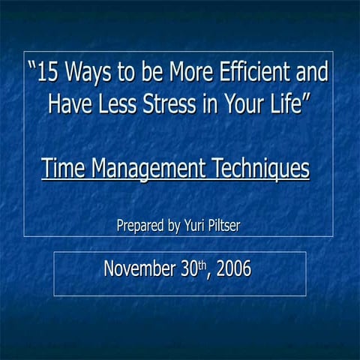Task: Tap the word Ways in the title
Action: [87, 74]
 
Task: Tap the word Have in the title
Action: [68, 103]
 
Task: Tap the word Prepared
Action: [139, 226]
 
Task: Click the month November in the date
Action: [138, 268]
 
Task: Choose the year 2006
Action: [232, 268]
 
